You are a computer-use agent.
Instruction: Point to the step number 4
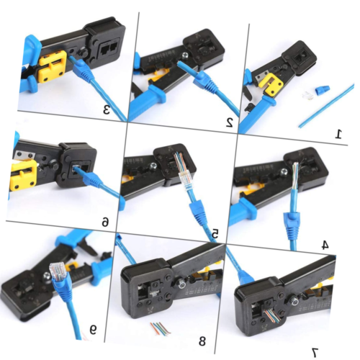pyautogui.click(x=324, y=244)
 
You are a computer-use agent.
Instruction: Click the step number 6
pyautogui.click(x=105, y=222)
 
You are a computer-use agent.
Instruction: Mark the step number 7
pyautogui.click(x=314, y=351)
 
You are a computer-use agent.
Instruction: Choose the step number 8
pyautogui.click(x=202, y=341)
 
